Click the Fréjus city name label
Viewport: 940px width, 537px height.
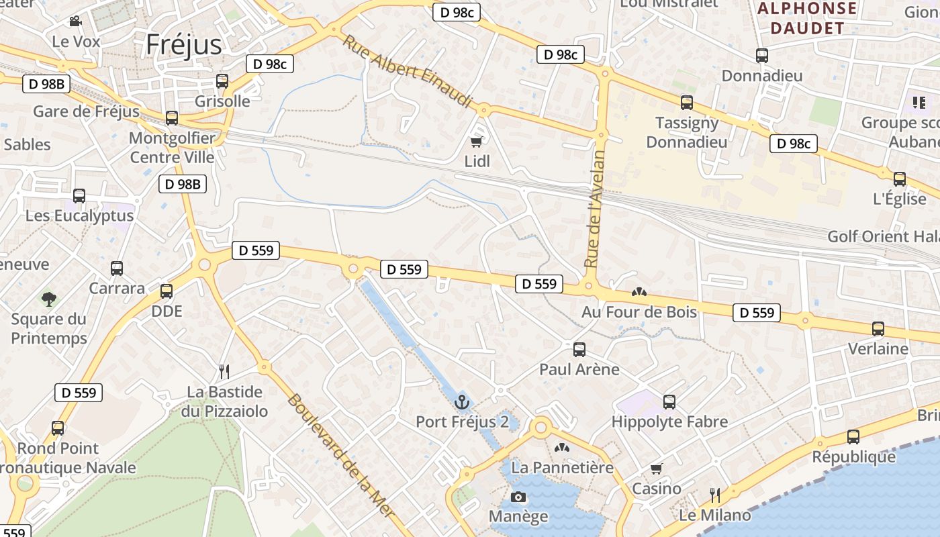coord(183,44)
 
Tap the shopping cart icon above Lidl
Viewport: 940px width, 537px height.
coord(477,142)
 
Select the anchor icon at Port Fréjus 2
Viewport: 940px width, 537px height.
coord(461,402)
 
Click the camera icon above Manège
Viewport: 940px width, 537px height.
coord(518,497)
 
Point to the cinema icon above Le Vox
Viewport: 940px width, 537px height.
coord(75,21)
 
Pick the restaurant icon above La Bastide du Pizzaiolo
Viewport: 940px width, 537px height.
coord(224,371)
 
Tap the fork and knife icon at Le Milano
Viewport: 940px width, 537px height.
coord(715,495)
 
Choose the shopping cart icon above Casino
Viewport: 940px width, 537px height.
coord(656,469)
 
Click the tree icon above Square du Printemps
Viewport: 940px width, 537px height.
coord(48,299)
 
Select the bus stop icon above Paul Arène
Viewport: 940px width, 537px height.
coord(579,350)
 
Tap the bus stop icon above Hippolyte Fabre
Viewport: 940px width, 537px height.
coord(669,402)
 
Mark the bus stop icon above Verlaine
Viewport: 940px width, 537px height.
coord(878,329)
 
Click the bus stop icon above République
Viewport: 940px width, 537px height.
coord(853,437)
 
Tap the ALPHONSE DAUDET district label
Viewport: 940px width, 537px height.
coord(807,18)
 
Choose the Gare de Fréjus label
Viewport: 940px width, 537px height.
coord(86,111)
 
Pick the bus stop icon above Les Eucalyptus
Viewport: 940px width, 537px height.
coord(79,196)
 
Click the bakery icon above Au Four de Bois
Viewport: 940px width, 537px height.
coord(639,292)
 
